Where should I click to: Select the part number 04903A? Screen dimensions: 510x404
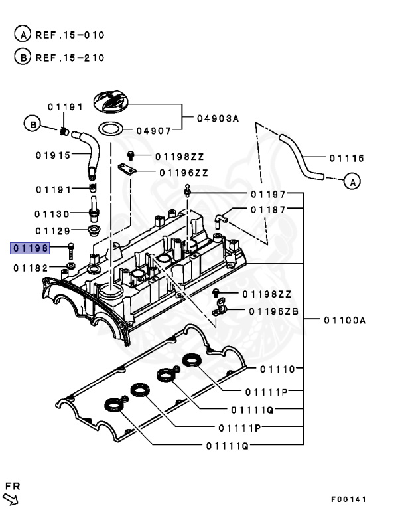(x=217, y=119)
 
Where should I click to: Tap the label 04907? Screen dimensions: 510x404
(x=154, y=131)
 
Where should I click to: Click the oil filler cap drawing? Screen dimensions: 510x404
(x=113, y=103)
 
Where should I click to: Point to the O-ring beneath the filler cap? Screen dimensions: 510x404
(x=111, y=128)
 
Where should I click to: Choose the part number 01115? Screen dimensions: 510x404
(x=346, y=158)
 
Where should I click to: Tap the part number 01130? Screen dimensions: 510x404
(x=52, y=214)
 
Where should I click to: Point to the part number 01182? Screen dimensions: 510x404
(x=30, y=268)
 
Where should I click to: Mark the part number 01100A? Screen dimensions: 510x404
(x=344, y=320)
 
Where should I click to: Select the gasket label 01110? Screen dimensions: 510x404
(x=277, y=369)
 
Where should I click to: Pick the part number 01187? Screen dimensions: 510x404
(x=268, y=209)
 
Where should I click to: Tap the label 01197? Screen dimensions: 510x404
(x=268, y=194)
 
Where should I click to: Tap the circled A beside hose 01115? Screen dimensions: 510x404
(x=354, y=181)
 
